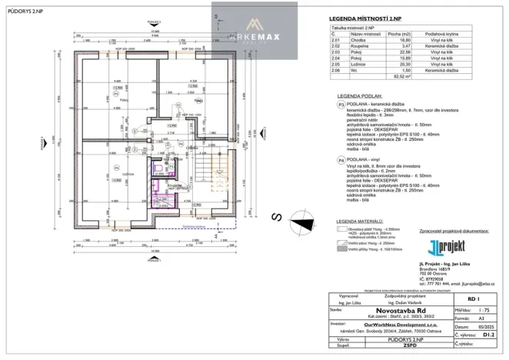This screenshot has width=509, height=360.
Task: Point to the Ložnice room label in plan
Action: [x=123, y=174]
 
